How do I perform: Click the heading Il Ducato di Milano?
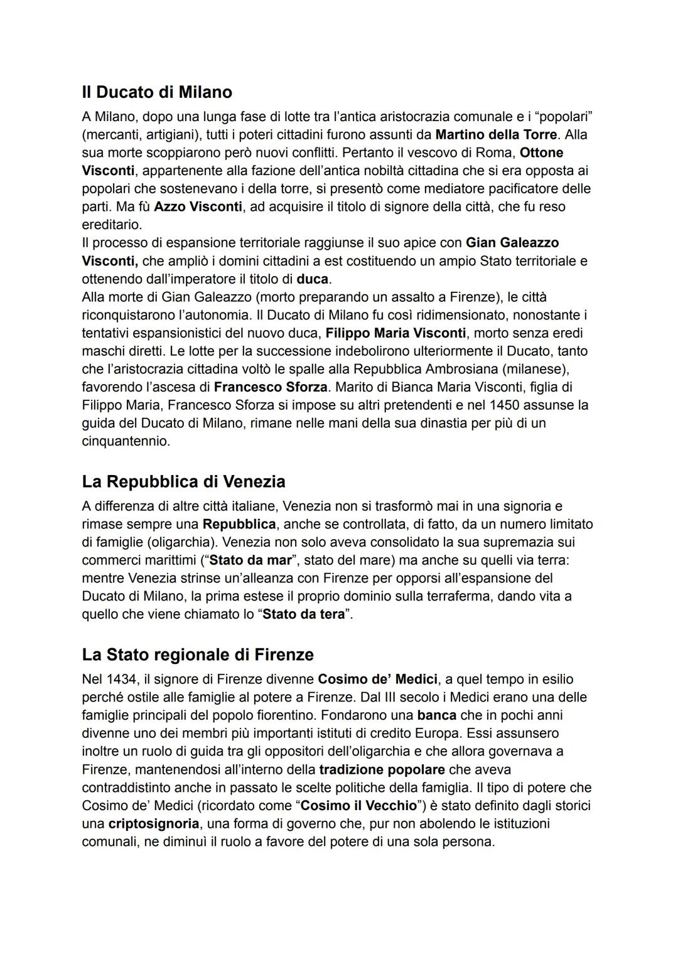(x=157, y=92)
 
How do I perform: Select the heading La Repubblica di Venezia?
(x=183, y=482)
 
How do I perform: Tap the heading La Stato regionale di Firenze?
(x=198, y=655)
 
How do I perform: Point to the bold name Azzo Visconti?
(x=198, y=207)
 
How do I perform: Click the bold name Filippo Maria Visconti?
(x=395, y=333)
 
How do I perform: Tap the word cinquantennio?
(x=126, y=442)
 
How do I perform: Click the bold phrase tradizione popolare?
(x=382, y=770)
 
